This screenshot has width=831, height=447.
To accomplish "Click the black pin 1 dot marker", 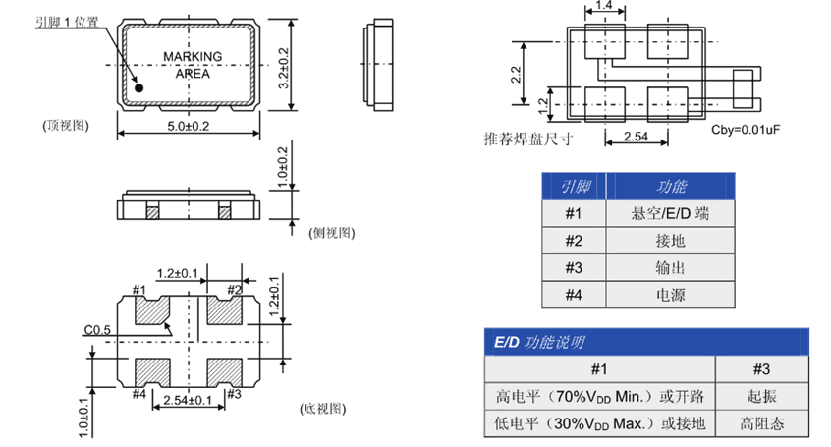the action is click(138, 88).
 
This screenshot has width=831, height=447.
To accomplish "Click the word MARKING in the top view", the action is click(193, 56).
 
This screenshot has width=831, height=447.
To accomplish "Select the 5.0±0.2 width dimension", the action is click(189, 126).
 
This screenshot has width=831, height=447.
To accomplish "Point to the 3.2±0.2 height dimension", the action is click(284, 68).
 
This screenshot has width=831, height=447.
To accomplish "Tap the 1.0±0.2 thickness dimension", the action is click(283, 167).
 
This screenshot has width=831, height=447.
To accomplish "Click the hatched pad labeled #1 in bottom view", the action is click(152, 310).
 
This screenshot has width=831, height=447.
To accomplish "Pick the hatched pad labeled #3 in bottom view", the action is click(225, 372).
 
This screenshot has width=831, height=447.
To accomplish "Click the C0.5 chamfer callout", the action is click(97, 330).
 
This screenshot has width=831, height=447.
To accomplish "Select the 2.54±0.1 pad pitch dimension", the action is click(188, 400).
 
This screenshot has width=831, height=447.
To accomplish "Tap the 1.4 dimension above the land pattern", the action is click(604, 5).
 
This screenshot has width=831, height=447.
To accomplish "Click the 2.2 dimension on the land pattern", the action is click(516, 74).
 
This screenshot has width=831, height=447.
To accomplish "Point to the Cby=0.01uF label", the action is click(746, 130).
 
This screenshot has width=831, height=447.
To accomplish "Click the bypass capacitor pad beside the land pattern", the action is click(743, 88).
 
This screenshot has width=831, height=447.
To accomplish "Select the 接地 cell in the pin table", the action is click(671, 241).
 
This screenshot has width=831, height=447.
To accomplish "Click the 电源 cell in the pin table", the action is click(671, 295).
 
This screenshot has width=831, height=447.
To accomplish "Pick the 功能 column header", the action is click(671, 186).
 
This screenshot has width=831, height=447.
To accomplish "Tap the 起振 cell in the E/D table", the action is click(761, 396).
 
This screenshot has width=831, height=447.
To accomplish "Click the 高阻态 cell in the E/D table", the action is click(761, 423).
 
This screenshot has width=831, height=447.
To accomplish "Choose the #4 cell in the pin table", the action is click(574, 295).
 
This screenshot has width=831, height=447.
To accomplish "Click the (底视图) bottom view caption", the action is click(323, 409).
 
